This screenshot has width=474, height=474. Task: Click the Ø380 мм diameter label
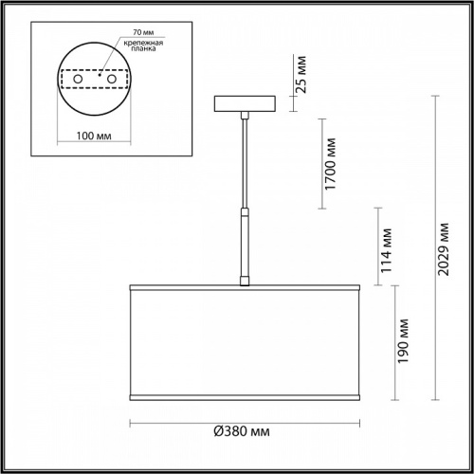coord(246,433)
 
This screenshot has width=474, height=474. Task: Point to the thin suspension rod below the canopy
coord(246,161)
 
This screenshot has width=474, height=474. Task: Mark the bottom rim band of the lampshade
coord(246,392)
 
